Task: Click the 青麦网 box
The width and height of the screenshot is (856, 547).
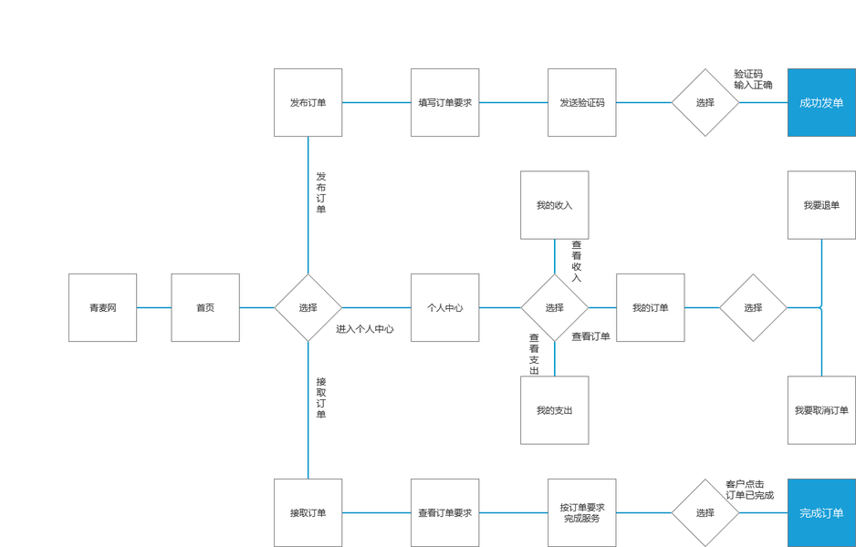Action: click(x=102, y=307)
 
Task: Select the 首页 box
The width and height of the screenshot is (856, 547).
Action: click(x=205, y=307)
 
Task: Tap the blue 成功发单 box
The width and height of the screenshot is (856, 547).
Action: click(x=821, y=102)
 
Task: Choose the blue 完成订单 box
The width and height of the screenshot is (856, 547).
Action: click(x=821, y=512)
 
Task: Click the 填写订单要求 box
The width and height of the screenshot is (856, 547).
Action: click(x=445, y=102)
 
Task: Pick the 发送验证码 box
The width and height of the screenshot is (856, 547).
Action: click(x=582, y=102)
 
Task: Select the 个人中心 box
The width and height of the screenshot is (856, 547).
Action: click(x=445, y=307)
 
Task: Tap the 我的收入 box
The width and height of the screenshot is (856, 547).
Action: click(x=555, y=205)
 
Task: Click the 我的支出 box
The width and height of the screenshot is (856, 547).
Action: click(x=555, y=410)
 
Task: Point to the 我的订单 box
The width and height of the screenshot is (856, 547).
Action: click(x=650, y=307)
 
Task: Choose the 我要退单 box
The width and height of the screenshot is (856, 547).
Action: click(x=821, y=205)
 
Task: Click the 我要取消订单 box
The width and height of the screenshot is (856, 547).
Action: click(x=821, y=410)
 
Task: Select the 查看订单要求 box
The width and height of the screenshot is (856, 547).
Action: click(x=445, y=512)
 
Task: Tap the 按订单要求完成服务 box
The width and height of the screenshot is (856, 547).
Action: click(x=582, y=512)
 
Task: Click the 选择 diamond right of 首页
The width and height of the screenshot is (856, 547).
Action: click(x=308, y=307)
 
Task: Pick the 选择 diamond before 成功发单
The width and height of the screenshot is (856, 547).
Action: click(x=705, y=102)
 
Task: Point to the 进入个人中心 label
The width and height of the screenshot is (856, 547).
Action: click(x=365, y=329)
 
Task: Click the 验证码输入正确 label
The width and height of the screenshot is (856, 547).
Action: click(x=753, y=79)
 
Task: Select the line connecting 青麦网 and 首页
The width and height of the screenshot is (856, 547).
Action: click(x=154, y=307)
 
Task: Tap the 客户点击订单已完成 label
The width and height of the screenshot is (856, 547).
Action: click(x=749, y=490)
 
